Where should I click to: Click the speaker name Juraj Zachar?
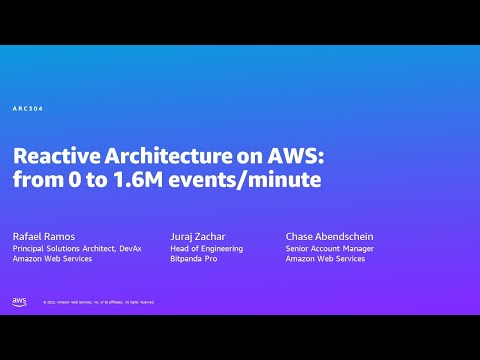[198, 236]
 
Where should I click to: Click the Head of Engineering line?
[202, 248]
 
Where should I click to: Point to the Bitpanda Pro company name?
[193, 259]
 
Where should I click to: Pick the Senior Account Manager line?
[328, 248]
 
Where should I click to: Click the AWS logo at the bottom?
[19, 301]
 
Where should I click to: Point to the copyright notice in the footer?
[98, 302]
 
